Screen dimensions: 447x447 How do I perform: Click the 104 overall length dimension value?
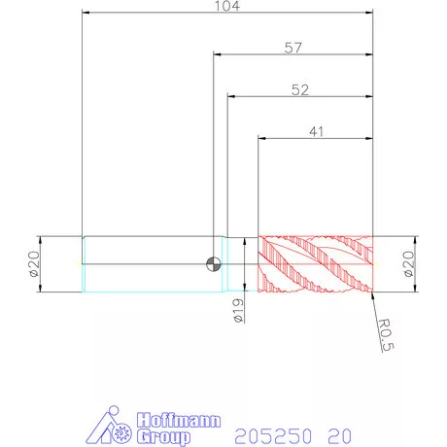coord(227,6)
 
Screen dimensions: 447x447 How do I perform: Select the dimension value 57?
coord(293,48)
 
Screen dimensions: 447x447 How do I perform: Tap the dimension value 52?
coord(300,89)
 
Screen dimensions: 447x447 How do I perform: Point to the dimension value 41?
coord(316,132)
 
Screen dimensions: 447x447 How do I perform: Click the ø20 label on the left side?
coord(34,264)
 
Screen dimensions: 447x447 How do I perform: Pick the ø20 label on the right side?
coord(409,264)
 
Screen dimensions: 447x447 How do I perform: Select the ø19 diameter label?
coord(238,311)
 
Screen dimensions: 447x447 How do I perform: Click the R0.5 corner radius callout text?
coord(386,335)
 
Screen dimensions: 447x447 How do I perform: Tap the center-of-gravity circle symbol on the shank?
coord(214,264)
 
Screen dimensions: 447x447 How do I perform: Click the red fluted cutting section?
coord(316,264)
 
